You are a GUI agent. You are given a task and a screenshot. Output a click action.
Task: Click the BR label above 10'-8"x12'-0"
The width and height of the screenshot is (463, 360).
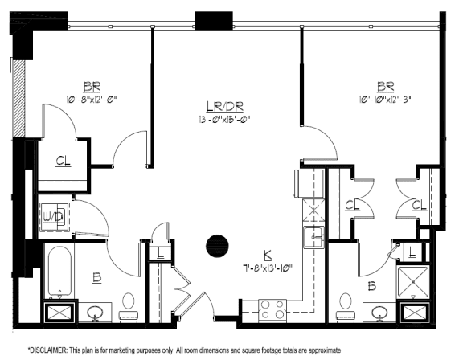[91, 87]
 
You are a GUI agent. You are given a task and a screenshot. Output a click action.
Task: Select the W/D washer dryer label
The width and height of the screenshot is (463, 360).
[54, 217]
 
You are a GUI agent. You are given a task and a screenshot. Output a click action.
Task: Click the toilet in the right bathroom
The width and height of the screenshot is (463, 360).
[346, 305]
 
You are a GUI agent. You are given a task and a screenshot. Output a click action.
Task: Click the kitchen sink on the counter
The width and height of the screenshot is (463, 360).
[313, 237]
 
